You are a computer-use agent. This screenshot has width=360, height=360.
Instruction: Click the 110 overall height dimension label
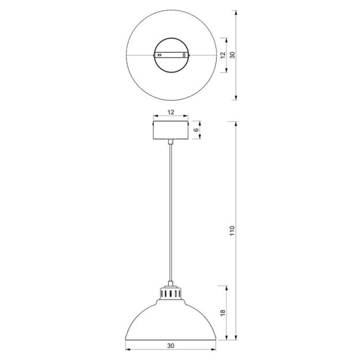(232, 230)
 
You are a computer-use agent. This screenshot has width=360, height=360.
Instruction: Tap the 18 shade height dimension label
(223, 313)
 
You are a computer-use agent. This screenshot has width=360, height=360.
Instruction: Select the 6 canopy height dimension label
(196, 130)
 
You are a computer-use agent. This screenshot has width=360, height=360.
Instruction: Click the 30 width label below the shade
(171, 345)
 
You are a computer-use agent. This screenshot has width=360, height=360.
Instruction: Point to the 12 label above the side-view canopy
(171, 112)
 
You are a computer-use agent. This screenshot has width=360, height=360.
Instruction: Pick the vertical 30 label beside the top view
(232, 55)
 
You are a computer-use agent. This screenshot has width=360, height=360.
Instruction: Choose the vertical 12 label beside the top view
(223, 55)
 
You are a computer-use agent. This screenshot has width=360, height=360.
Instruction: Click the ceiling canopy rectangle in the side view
(171, 130)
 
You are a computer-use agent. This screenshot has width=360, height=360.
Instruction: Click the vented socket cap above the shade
(171, 292)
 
